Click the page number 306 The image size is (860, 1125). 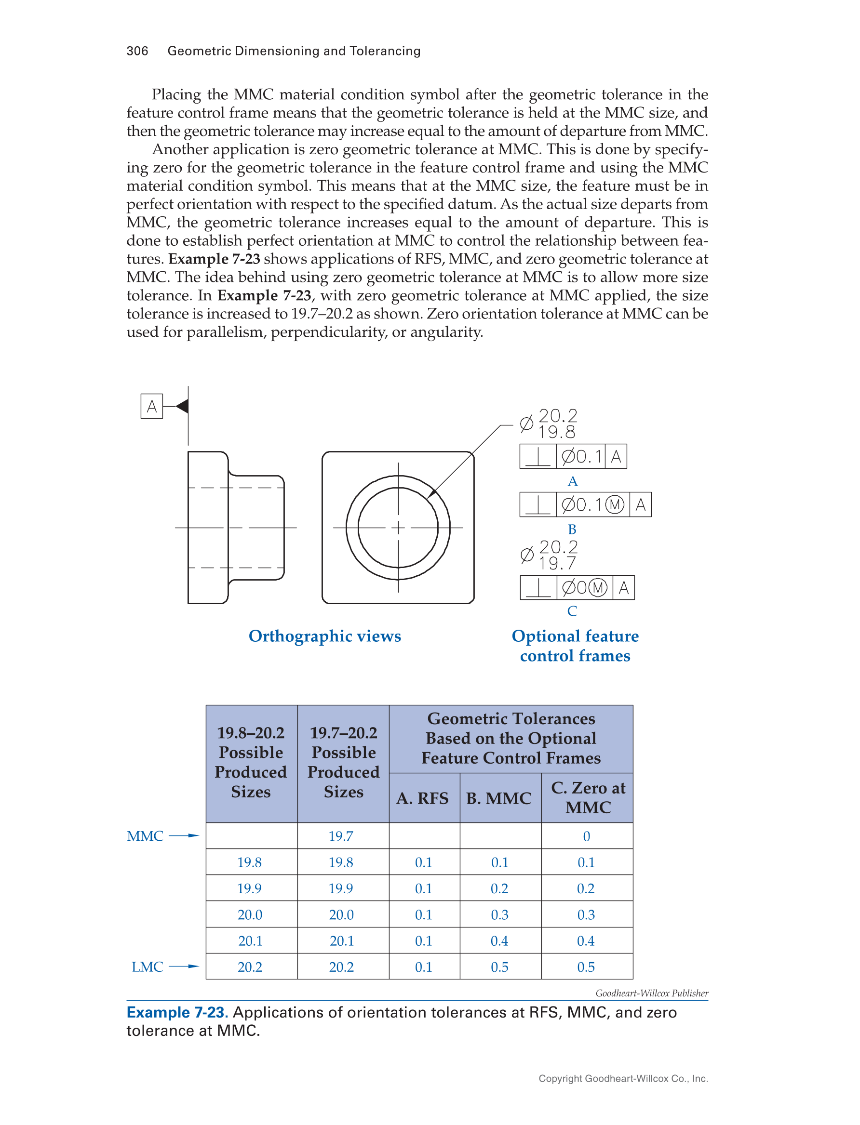[x=137, y=51]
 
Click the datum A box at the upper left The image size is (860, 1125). [x=151, y=406]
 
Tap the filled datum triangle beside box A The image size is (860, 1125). [x=182, y=406]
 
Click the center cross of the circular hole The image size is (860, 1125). [x=398, y=528]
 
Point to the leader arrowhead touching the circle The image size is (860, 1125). [x=431, y=492]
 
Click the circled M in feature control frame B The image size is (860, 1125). [x=615, y=505]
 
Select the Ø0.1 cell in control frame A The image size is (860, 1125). [x=580, y=456]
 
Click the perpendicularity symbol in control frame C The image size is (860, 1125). [x=538, y=588]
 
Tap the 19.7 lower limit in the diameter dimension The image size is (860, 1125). [x=557, y=563]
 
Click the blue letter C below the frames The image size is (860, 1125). [x=572, y=611]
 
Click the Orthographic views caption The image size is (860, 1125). [x=324, y=636]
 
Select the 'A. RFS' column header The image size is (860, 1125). [x=422, y=798]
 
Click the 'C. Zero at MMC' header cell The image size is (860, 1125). [x=588, y=797]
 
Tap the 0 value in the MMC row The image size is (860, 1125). [x=587, y=836]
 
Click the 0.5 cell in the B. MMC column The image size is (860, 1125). [x=499, y=967]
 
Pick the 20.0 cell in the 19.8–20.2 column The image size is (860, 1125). [x=250, y=915]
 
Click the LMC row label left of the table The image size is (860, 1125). [x=148, y=967]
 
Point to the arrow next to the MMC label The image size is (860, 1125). [x=184, y=836]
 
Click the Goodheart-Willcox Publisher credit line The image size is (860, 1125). [x=652, y=993]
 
